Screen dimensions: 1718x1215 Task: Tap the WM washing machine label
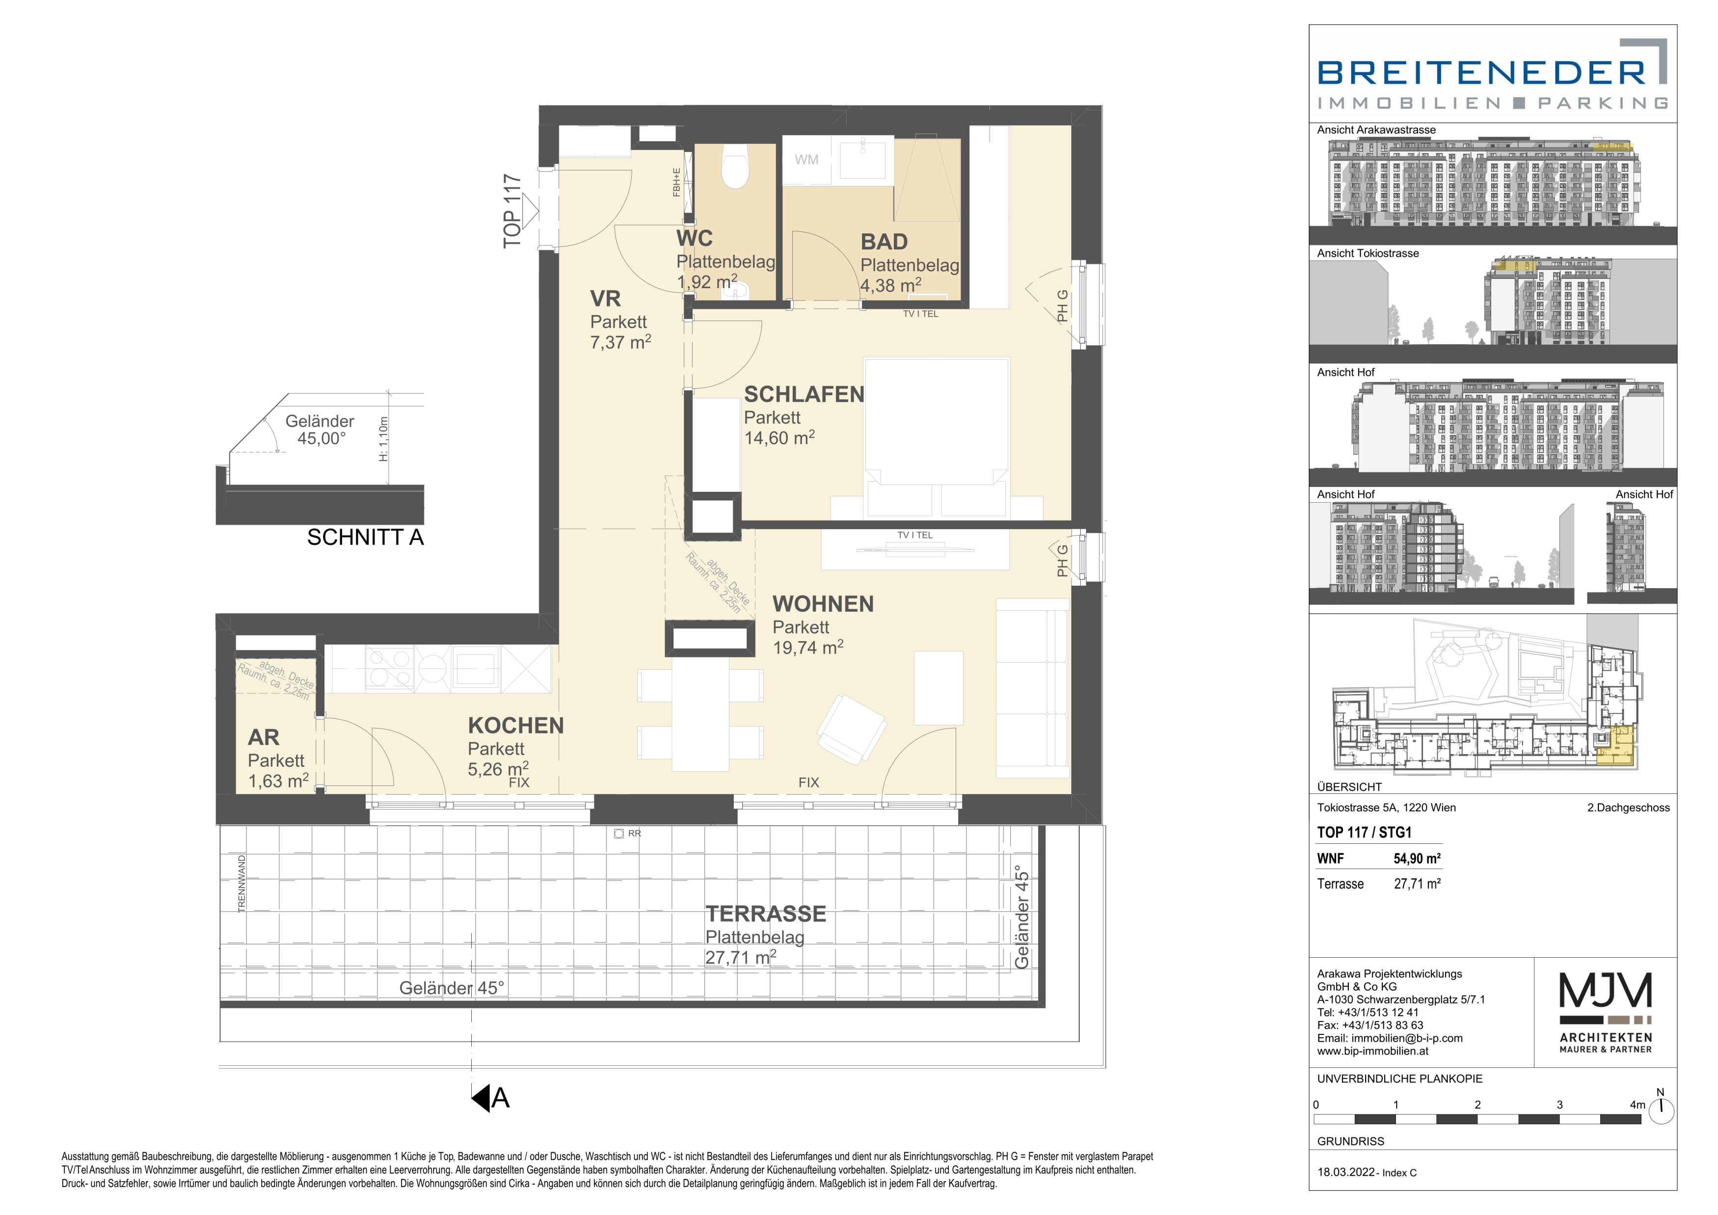click(x=806, y=160)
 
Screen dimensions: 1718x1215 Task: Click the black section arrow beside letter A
click(x=481, y=1098)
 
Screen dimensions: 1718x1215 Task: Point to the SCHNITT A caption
click(x=365, y=537)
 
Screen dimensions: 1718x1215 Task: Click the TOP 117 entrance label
click(x=512, y=211)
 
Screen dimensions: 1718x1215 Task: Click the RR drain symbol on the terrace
click(x=619, y=834)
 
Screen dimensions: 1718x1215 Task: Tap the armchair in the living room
click(x=852, y=729)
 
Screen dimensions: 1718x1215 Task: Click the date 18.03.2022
click(x=1346, y=1172)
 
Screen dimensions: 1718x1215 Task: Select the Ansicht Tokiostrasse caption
click(x=1368, y=254)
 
